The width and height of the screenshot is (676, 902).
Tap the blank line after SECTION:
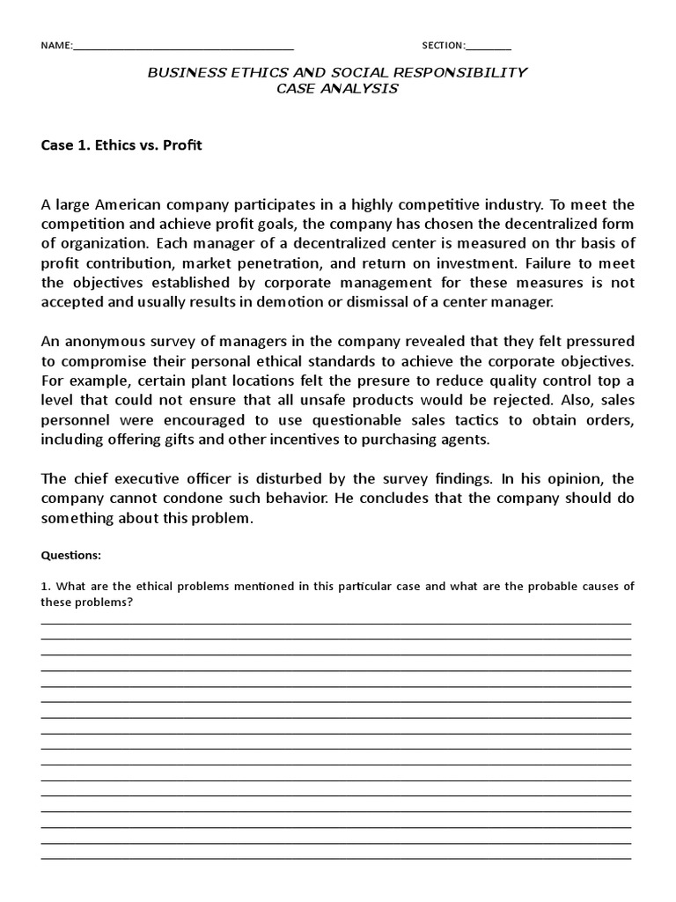(x=489, y=48)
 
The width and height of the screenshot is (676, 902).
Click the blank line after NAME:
(x=182, y=48)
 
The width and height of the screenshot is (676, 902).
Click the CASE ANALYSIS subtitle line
(x=337, y=88)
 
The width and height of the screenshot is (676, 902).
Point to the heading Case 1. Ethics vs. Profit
(x=121, y=144)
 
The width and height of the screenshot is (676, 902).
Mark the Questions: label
(x=71, y=556)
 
